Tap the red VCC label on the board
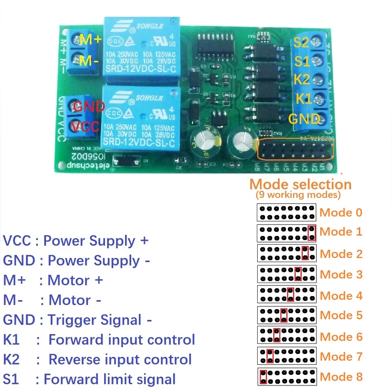click(x=86, y=126)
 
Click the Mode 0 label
click(x=341, y=212)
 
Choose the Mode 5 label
click(x=341, y=315)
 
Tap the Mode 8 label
click(x=341, y=376)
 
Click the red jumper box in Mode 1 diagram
click(x=312, y=233)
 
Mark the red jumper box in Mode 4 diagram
click(x=290, y=294)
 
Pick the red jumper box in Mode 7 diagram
click(x=269, y=356)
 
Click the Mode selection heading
click(x=301, y=184)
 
